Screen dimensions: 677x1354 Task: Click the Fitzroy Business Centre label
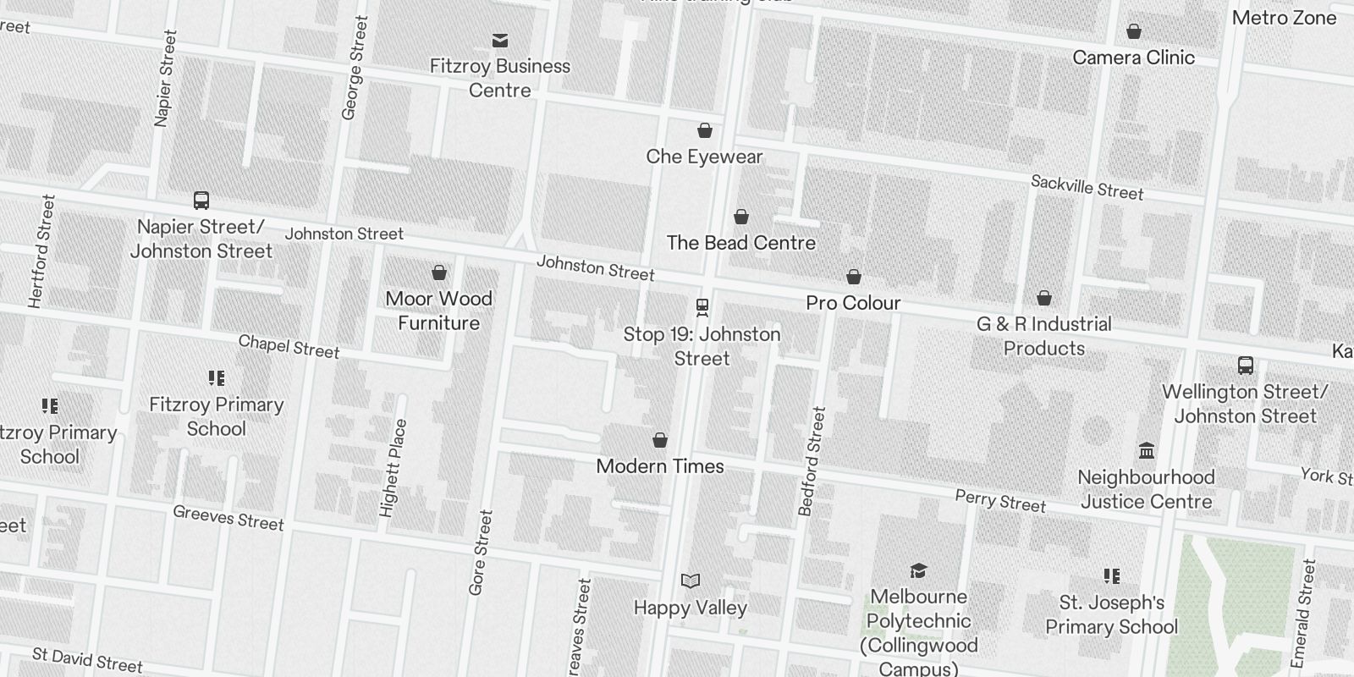tap(499, 78)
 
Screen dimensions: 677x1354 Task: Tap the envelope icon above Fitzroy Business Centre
tap(500, 40)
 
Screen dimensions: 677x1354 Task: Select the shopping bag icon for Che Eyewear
tap(704, 130)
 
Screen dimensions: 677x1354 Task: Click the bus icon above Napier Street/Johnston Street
tap(201, 201)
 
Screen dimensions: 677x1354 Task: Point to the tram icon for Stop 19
tap(702, 306)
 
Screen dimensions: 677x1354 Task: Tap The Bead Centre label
tap(740, 243)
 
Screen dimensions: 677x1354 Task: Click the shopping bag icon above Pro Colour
tap(854, 277)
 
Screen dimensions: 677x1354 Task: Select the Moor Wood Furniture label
tap(438, 311)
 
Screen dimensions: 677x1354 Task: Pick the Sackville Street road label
tap(1087, 188)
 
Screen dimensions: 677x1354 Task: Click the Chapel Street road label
tap(289, 346)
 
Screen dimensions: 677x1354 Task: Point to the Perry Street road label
tap(1000, 501)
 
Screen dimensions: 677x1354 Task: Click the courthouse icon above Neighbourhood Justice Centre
tap(1147, 450)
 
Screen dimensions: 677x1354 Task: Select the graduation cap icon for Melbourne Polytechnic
tap(918, 570)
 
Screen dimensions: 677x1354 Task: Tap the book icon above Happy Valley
tap(691, 581)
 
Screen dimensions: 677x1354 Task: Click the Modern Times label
tap(660, 466)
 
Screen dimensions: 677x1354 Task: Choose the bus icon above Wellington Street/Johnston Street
tap(1245, 366)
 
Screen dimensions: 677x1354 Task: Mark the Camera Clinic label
tap(1133, 58)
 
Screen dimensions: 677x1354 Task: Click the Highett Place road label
tap(394, 468)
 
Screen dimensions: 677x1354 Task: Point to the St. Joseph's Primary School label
tap(1111, 614)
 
